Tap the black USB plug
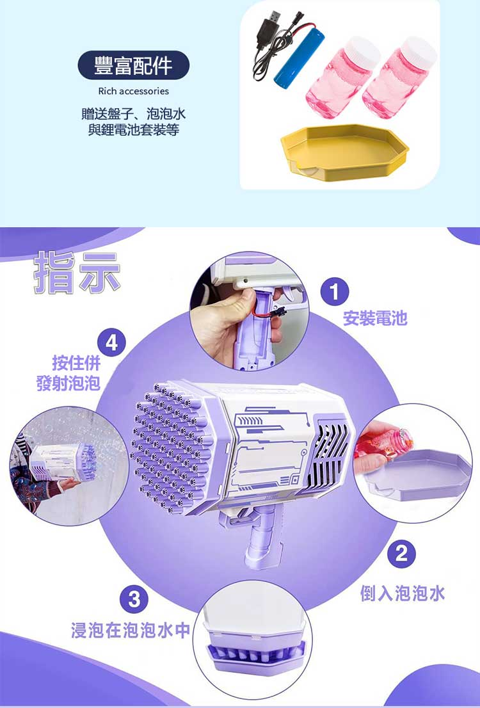pos(269,28)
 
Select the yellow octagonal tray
pos(344,152)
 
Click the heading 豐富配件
pos(133,65)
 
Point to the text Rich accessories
pos(133,91)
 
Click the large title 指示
pos(77,273)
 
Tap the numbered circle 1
pos(335,292)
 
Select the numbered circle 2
pos(401,554)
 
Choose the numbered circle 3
pos(134,599)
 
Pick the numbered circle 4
pos(111,342)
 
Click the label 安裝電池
pos(375,318)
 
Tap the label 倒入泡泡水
pos(403,593)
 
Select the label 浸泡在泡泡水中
pos(130,630)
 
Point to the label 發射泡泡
pos(68,383)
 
